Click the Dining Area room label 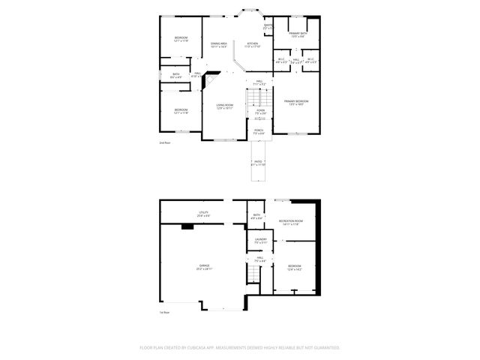(219, 45)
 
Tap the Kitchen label (253, 45)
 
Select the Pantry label (268, 28)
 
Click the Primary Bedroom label (296, 102)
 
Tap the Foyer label (260, 112)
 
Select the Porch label (259, 131)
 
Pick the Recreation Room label (290, 222)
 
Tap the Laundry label (260, 241)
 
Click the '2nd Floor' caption (164, 142)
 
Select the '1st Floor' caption (164, 312)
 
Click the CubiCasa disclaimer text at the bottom (240, 348)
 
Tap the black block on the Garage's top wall (187, 225)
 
